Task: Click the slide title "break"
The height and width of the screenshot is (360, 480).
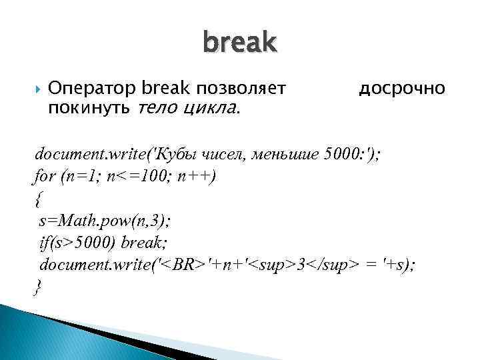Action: [239, 43]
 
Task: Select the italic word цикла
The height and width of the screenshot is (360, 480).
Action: [211, 107]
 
